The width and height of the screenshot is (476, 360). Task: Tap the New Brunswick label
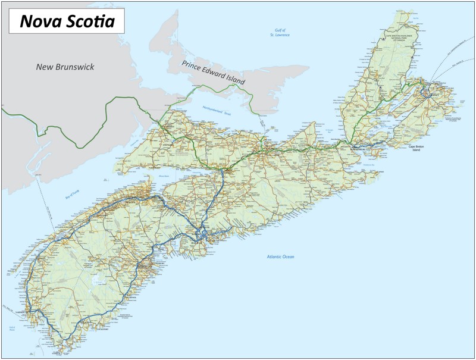[65, 67]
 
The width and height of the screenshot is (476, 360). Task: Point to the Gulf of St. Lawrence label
[279, 33]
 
